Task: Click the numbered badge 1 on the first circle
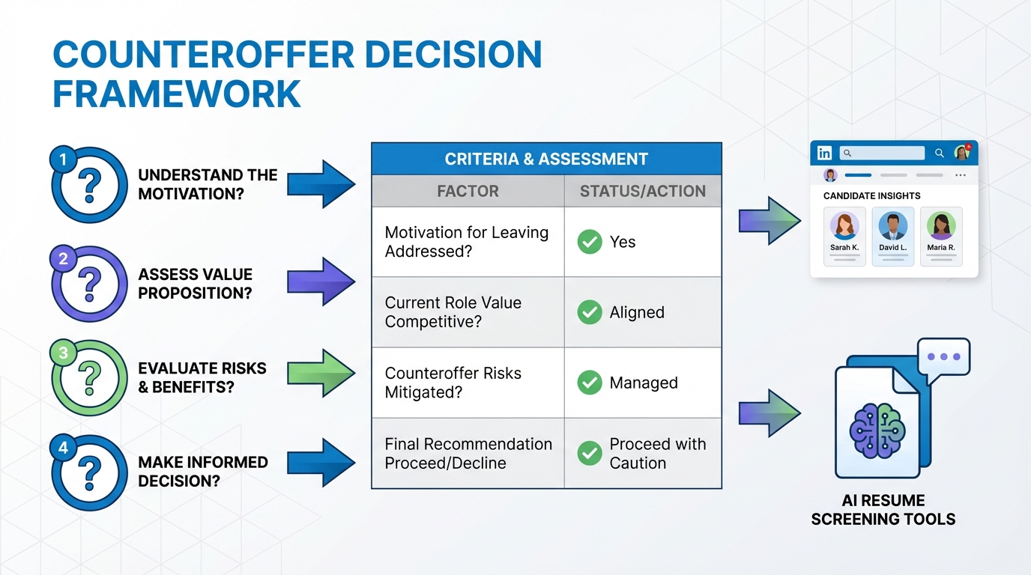[63, 159]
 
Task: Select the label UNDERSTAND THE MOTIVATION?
[208, 184]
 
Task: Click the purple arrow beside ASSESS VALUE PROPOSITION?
[321, 282]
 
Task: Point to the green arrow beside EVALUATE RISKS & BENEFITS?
[321, 373]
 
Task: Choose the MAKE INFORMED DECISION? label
[203, 472]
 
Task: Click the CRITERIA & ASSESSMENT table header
[546, 159]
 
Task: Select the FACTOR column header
[468, 191]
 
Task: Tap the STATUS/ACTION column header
[642, 191]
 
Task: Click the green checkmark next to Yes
[590, 242]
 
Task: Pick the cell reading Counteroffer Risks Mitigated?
[453, 383]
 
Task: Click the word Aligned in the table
[637, 312]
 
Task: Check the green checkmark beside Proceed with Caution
[590, 453]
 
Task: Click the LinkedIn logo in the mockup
[825, 153]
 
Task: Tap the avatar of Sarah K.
[844, 225]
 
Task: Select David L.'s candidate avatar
[893, 225]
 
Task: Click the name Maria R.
[941, 247]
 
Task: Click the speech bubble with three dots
[943, 357]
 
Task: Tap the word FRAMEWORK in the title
[177, 94]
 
